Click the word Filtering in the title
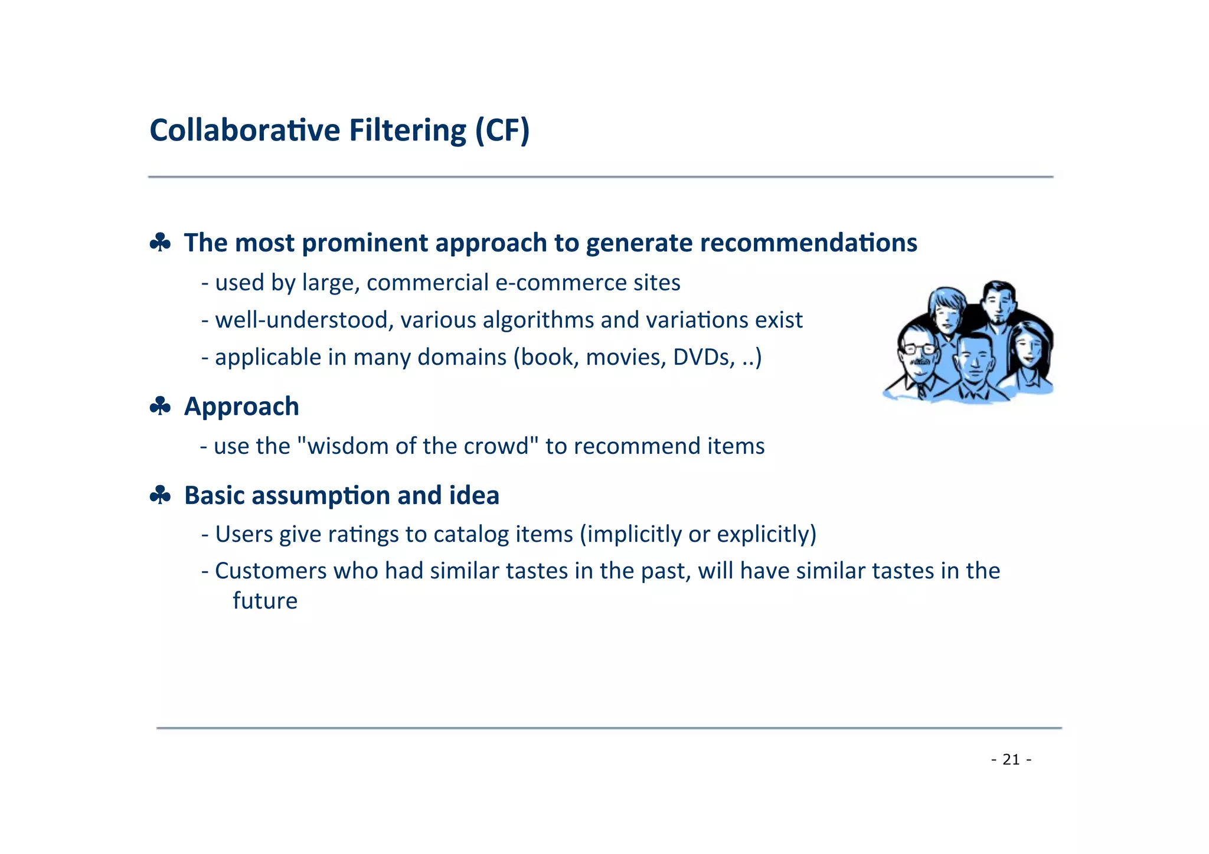click(407, 130)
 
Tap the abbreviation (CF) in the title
click(502, 130)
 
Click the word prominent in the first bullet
click(365, 243)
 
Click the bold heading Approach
click(241, 407)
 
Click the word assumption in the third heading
click(321, 495)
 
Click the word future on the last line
click(265, 601)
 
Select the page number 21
click(1011, 760)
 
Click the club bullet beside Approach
click(160, 407)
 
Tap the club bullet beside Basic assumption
click(160, 495)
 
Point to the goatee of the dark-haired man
click(998, 319)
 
